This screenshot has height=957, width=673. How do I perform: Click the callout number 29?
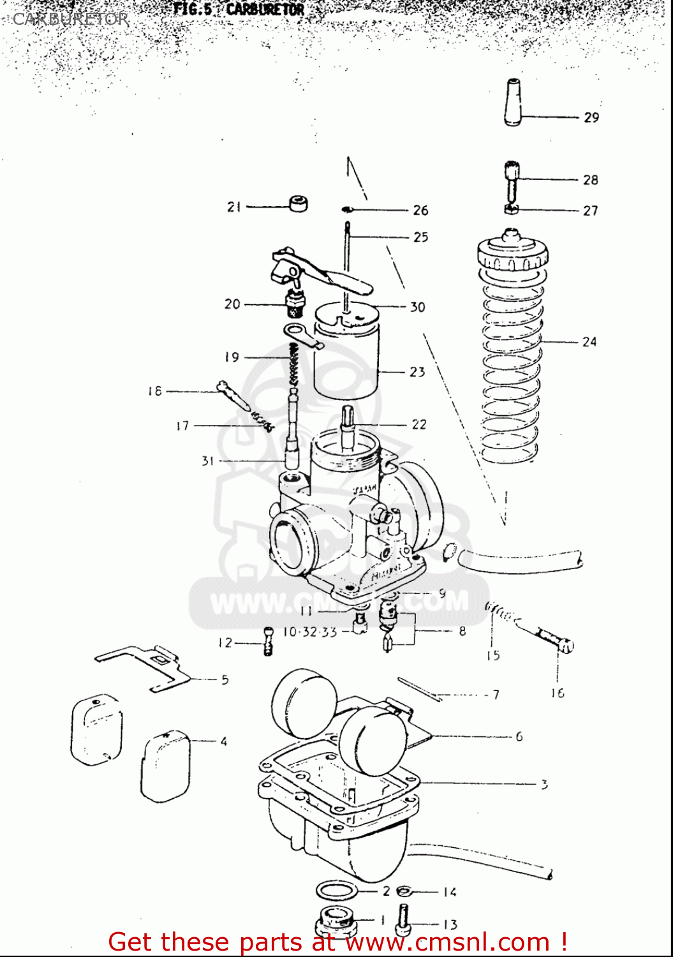point(591,117)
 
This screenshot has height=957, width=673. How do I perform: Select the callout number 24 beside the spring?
point(589,342)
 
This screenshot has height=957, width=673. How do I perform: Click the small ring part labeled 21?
point(298,204)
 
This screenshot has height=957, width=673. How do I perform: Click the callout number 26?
point(420,211)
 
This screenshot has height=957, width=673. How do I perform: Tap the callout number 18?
point(155,391)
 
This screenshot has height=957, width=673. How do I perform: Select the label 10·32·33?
point(310,632)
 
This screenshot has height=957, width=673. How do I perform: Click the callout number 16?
point(558,693)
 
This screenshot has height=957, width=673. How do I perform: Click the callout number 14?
point(450,892)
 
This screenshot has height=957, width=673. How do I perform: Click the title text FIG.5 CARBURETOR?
point(239,10)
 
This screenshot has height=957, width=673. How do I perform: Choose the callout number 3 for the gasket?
point(544,784)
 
